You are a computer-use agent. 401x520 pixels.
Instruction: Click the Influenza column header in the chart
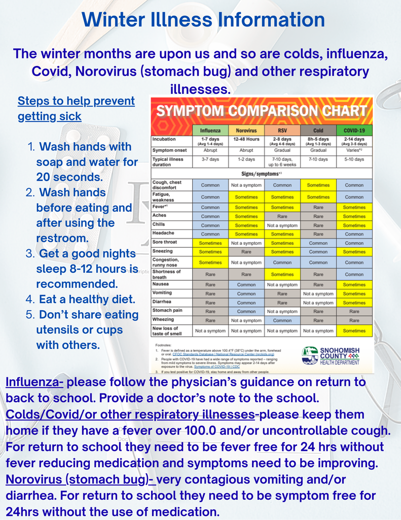click(210, 130)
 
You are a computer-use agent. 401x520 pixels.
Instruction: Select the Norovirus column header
click(246, 130)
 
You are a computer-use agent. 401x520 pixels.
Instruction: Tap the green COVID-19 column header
click(354, 130)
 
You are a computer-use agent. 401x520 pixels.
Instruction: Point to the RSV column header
click(282, 130)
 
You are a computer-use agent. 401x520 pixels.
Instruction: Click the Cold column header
click(318, 130)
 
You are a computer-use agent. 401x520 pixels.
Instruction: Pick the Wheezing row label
click(163, 320)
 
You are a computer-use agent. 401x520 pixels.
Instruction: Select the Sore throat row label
click(165, 242)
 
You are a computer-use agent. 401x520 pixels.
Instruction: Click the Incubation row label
click(164, 139)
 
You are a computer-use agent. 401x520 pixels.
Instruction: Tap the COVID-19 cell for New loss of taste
click(354, 331)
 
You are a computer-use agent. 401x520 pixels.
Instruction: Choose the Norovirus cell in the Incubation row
click(246, 139)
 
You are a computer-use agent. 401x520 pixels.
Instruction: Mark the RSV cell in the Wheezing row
click(282, 320)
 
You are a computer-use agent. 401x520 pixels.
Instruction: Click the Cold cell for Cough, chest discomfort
click(318, 185)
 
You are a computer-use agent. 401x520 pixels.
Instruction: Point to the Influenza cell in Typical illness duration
click(210, 159)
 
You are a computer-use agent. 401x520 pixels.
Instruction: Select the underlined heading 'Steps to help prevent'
click(76, 101)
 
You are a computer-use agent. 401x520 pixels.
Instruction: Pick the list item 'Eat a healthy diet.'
click(87, 299)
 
